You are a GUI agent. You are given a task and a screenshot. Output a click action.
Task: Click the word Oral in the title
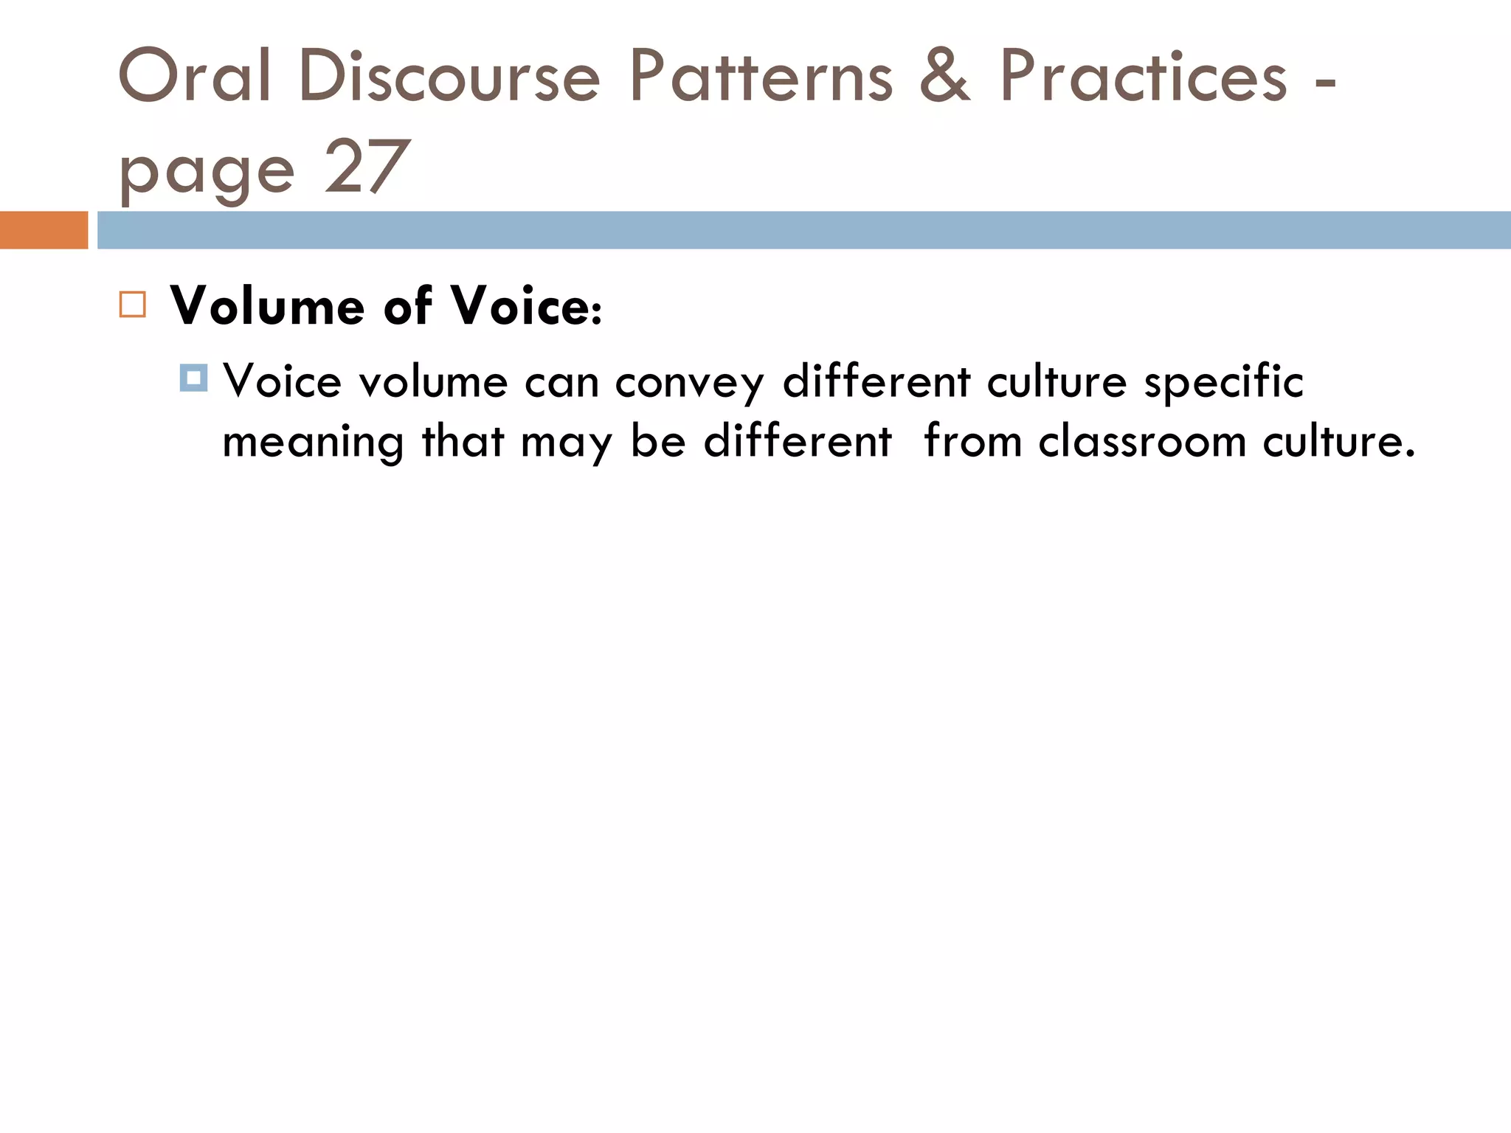(x=195, y=76)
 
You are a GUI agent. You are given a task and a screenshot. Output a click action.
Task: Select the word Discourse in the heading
(x=449, y=76)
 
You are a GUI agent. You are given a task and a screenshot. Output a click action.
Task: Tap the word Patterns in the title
(x=761, y=76)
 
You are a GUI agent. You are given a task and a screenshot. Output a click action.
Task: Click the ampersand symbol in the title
(x=946, y=76)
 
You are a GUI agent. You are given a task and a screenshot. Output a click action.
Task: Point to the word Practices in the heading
(x=1143, y=76)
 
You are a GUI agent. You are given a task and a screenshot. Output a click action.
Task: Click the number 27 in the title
(x=366, y=167)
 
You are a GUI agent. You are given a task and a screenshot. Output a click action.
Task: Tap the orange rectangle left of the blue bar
(x=44, y=230)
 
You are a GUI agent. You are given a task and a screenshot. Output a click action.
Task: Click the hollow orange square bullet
(x=133, y=305)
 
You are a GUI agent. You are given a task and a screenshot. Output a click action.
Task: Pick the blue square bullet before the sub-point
(x=193, y=378)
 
